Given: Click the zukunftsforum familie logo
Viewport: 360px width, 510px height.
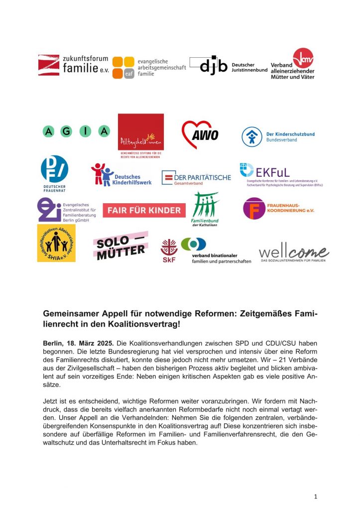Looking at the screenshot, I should (x=73, y=65).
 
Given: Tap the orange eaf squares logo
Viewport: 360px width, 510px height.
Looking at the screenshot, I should (x=123, y=67).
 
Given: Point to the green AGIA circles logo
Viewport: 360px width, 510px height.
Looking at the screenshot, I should (x=76, y=131).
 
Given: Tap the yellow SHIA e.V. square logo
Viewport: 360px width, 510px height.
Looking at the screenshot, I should (x=56, y=243).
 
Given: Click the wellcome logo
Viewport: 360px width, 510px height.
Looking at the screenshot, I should (x=293, y=254).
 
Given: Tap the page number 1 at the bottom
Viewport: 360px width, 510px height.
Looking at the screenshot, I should (x=316, y=496).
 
